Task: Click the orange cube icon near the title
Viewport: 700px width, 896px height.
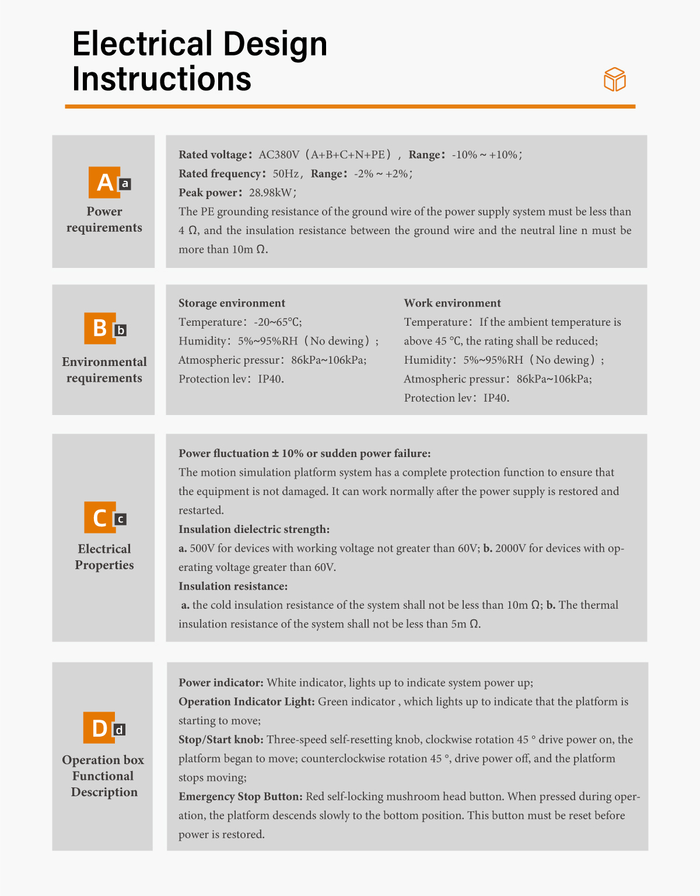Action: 615,79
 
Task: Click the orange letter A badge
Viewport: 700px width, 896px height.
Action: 104,182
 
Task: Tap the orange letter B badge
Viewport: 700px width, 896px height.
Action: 100,329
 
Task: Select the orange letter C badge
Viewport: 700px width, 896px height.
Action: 100,517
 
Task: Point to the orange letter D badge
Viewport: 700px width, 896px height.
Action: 99,727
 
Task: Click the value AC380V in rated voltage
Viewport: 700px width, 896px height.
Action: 279,155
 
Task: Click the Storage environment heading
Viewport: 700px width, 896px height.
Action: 232,303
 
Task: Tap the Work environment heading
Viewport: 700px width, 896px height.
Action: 452,303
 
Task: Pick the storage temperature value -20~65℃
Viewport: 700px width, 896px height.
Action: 277,322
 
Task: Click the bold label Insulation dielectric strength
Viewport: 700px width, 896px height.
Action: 254,529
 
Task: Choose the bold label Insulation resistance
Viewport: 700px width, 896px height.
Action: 233,586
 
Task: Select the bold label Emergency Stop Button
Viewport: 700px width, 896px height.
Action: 240,797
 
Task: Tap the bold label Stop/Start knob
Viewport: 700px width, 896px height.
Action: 221,740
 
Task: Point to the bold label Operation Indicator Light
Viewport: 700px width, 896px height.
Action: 247,702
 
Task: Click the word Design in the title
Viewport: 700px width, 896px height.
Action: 275,45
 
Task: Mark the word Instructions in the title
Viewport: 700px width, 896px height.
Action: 162,79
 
